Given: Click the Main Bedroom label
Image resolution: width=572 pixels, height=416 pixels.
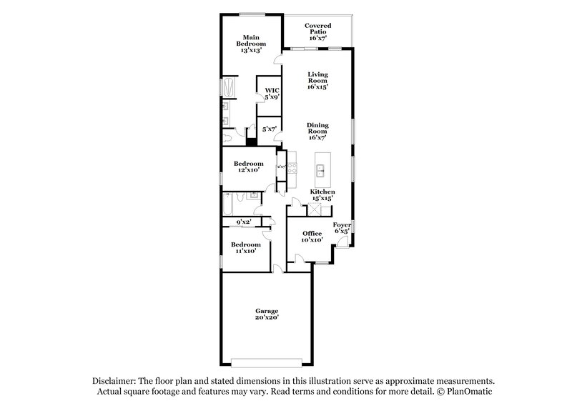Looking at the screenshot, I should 250,44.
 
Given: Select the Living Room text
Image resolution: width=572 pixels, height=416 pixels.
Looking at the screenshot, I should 317,80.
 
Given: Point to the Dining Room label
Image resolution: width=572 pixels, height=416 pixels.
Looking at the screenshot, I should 317,132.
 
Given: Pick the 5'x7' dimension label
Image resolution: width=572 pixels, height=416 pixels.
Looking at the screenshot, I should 270,129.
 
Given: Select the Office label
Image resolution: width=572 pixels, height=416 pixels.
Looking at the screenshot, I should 312,237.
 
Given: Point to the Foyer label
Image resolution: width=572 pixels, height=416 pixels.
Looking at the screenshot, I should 342,228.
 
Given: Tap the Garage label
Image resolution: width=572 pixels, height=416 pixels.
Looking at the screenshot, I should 267,315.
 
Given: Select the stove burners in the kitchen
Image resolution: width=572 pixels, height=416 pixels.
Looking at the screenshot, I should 281,167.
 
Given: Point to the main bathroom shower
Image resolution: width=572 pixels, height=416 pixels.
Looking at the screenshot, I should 229,88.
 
